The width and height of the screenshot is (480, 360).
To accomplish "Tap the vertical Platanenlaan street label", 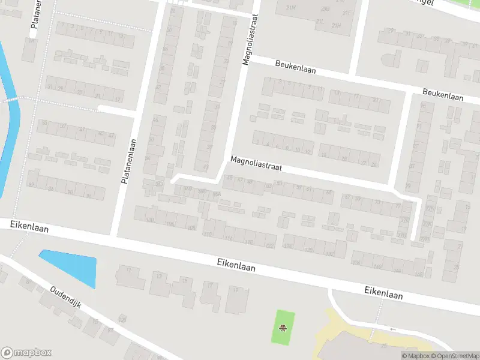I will [129, 161].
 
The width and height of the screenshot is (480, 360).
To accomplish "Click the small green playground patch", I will [283, 327].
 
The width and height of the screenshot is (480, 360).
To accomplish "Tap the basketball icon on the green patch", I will [283, 328].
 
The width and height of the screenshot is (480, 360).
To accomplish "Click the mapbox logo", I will [26, 353].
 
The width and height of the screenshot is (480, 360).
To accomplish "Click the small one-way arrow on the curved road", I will [393, 329].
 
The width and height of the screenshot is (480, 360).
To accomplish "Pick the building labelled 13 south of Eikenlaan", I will [159, 276].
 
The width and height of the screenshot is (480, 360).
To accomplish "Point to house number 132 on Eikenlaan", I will [329, 254].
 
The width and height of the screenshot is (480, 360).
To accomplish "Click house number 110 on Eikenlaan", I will [208, 234].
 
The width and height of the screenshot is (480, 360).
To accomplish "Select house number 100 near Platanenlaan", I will [149, 220].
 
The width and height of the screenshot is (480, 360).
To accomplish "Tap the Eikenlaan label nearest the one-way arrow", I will [383, 293].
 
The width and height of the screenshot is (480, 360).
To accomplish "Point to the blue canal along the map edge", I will [9, 120].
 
